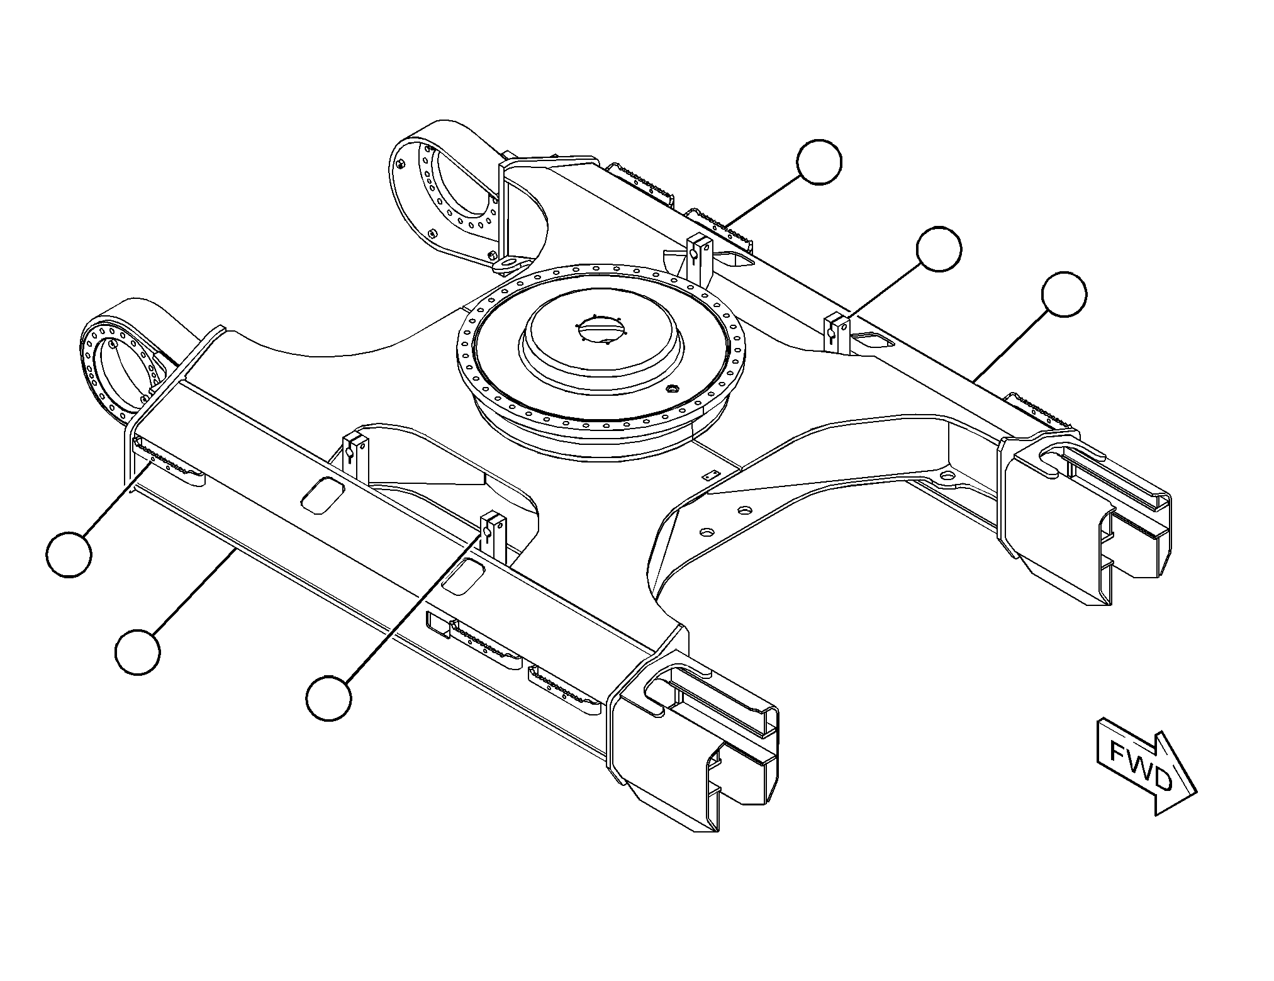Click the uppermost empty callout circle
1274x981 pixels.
[x=819, y=162]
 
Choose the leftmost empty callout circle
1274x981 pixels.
[x=69, y=554]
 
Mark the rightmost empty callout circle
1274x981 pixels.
[x=1064, y=294]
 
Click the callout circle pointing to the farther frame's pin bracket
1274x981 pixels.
[x=939, y=250]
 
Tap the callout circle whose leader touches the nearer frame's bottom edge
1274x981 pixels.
[x=138, y=653]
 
